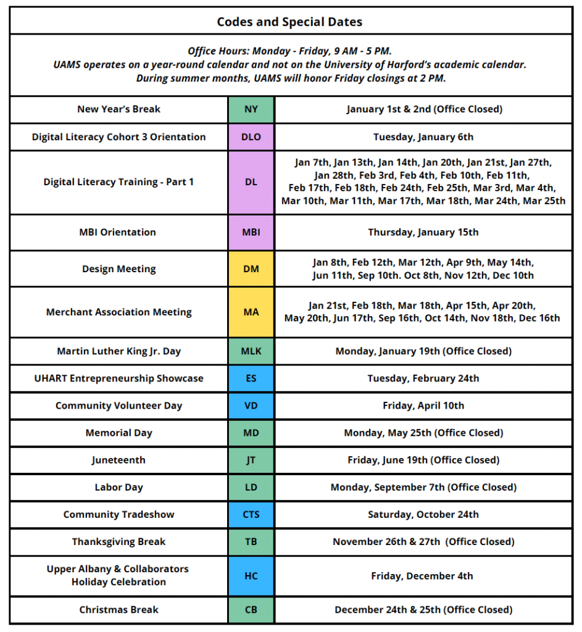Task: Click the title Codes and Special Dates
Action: (289, 22)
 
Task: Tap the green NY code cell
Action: (251, 109)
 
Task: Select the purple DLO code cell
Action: (251, 136)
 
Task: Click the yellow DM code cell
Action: (251, 269)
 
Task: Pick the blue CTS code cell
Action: (251, 514)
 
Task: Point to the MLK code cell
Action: (251, 351)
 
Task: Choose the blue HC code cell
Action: (251, 576)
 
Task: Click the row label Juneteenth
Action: (118, 460)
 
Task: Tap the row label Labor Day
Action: (118, 487)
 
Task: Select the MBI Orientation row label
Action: (118, 232)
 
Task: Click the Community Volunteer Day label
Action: (118, 405)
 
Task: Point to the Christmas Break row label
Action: (118, 609)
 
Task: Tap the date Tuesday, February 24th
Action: (423, 378)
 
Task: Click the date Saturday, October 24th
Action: (423, 514)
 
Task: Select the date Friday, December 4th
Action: (423, 576)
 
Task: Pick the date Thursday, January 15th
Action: (423, 232)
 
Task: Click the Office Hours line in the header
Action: (289, 51)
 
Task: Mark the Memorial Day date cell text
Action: (423, 433)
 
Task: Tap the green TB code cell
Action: (251, 541)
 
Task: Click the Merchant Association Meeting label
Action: (118, 312)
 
